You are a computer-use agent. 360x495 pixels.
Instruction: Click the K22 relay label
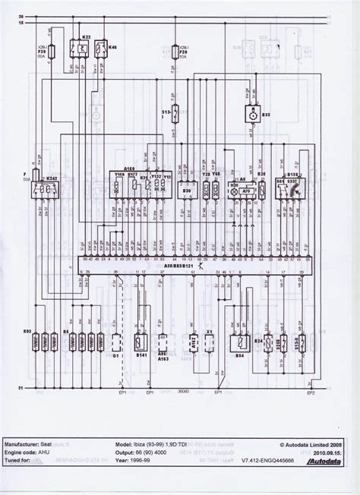point(85,37)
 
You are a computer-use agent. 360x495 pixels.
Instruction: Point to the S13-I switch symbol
point(176,115)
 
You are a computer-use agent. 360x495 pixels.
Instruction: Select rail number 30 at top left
point(21,14)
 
